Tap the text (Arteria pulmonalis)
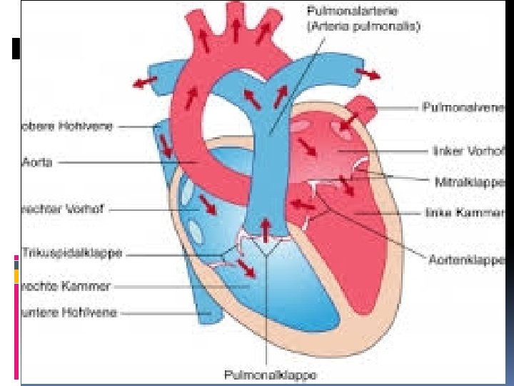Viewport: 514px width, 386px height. coord(364,26)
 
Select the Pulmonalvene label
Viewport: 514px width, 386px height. coord(465,107)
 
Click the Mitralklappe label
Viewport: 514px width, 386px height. coord(470,182)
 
